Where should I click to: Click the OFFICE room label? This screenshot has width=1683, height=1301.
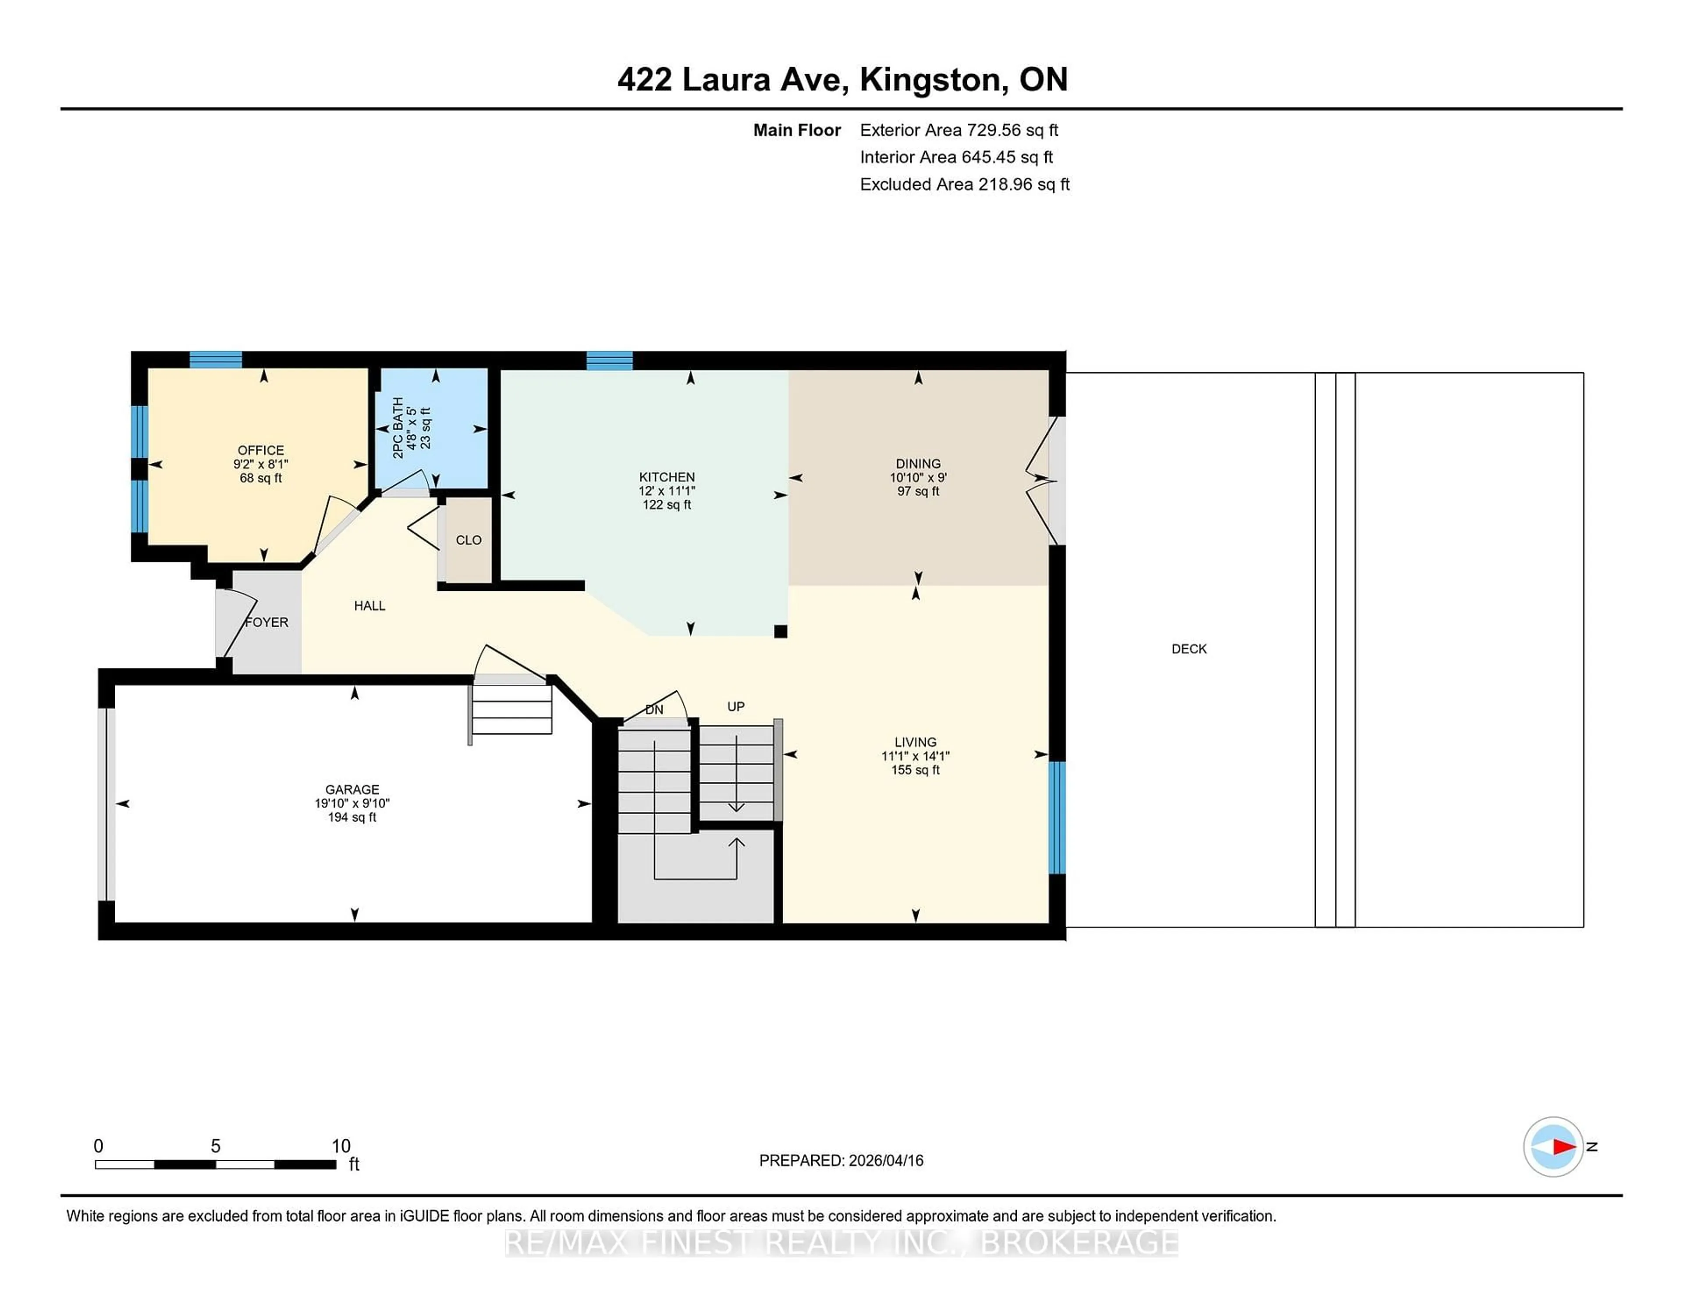[260, 450]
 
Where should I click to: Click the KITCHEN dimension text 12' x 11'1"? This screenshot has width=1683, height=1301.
[667, 491]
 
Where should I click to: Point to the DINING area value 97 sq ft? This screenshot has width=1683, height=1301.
[918, 491]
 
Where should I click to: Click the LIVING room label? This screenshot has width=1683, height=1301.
[916, 742]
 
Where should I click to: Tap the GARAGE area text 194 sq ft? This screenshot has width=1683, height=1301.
[352, 817]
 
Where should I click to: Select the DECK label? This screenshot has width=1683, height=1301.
[1189, 649]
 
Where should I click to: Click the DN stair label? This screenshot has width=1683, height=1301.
[653, 710]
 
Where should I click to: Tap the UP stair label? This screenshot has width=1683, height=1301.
[736, 706]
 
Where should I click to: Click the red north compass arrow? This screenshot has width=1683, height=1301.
[1563, 1147]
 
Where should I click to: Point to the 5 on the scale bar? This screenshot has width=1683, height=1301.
[216, 1146]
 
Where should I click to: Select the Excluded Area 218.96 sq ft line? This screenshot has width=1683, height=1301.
[964, 184]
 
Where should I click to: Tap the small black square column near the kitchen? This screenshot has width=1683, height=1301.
[780, 631]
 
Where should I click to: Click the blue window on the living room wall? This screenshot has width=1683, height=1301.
[1057, 817]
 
